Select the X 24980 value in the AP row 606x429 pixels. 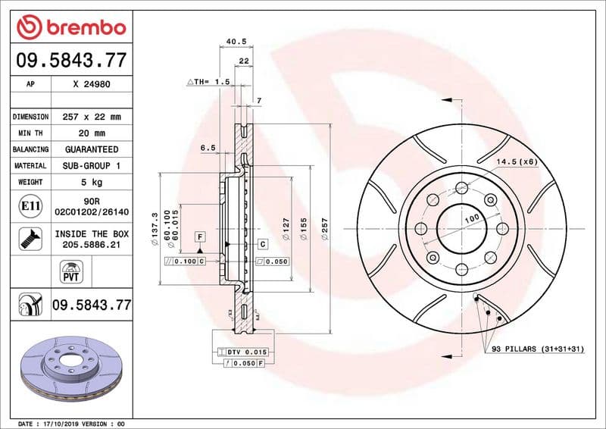click(92, 84)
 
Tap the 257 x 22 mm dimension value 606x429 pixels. click(92, 117)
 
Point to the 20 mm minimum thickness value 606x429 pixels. click(92, 133)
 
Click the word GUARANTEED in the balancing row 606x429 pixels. click(92, 149)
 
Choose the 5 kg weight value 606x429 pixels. click(92, 182)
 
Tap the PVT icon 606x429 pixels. click(70, 271)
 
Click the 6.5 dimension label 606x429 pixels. click(208, 148)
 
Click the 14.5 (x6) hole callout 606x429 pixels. click(517, 162)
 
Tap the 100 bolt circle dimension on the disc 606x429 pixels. click(472, 218)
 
